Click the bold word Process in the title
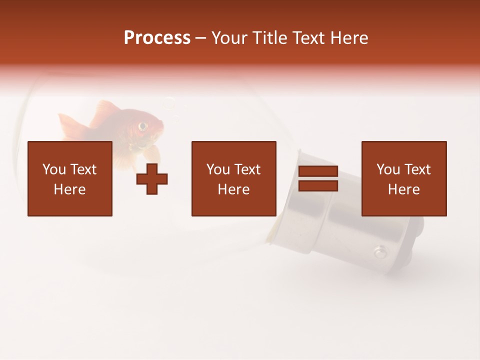point(157,38)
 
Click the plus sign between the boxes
point(152,179)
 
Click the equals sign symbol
point(318,179)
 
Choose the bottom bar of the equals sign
point(318,186)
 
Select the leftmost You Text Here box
point(69,178)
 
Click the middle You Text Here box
point(233,178)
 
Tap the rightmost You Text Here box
point(403,178)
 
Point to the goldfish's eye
point(143,125)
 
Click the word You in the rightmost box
point(388,169)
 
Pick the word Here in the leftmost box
point(69,189)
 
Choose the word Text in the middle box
point(247,169)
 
